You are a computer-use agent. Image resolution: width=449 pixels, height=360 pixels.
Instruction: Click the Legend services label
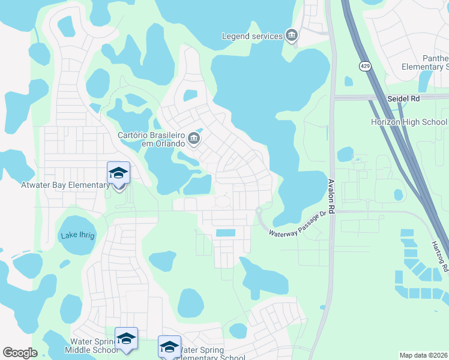(252, 37)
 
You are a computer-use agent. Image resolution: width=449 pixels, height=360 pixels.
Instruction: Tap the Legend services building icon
(291, 36)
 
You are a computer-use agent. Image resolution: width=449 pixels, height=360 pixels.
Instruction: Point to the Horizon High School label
(409, 122)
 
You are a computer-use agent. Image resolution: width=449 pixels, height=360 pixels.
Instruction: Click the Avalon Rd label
(331, 194)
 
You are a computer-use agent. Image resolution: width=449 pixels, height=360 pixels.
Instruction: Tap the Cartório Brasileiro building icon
(193, 139)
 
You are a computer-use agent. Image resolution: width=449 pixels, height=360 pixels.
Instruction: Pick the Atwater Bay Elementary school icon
(119, 173)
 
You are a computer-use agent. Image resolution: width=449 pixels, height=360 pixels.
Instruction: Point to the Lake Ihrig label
(77, 236)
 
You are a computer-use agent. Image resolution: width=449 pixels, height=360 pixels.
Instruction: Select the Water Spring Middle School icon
(126, 339)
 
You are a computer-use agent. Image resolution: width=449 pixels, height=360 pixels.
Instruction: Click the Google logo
(20, 353)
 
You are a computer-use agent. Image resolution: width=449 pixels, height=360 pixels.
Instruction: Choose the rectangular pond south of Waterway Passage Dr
(226, 233)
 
